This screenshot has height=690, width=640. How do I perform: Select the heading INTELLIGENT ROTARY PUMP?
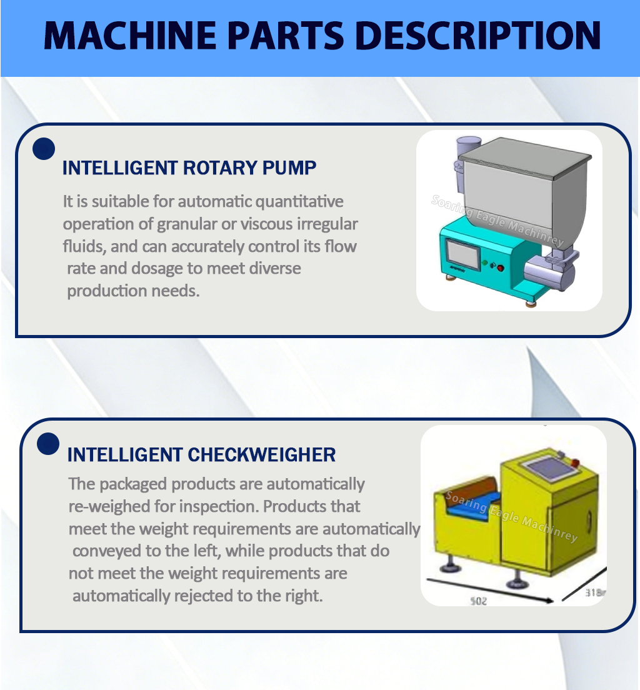click(x=189, y=167)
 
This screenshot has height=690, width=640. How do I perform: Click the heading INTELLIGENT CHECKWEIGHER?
click(x=201, y=454)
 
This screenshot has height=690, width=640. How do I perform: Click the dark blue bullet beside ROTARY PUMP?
click(x=44, y=149)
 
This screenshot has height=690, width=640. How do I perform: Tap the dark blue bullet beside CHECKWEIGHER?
click(x=48, y=443)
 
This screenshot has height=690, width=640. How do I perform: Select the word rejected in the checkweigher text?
click(x=200, y=596)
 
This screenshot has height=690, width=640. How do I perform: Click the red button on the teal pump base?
click(x=500, y=267)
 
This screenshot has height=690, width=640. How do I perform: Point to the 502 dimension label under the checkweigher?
click(x=477, y=601)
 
